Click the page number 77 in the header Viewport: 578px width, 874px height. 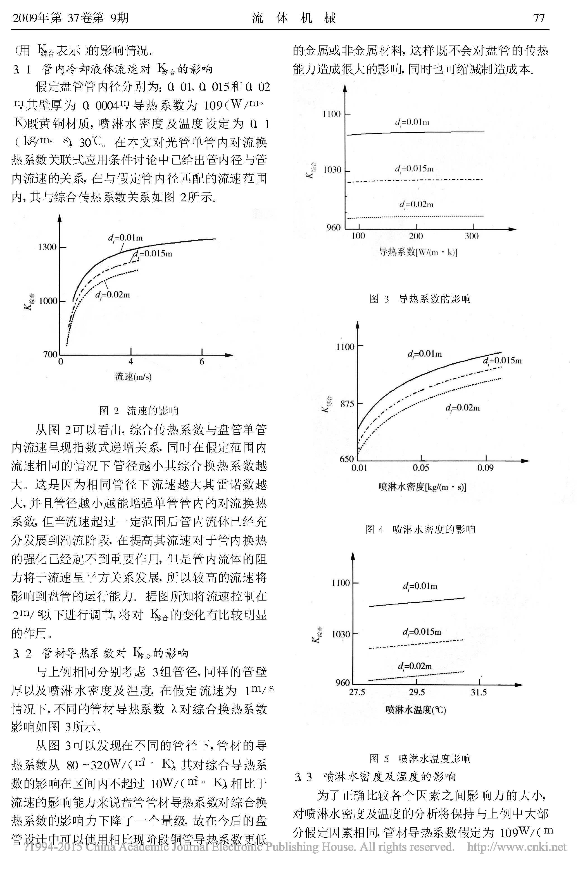point(539,18)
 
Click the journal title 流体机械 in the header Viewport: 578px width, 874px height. point(294,18)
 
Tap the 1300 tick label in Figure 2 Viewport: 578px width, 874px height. point(47,247)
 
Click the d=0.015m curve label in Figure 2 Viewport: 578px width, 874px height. point(153,254)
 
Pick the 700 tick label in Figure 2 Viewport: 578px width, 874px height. point(51,354)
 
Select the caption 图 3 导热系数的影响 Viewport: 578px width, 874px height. point(420,299)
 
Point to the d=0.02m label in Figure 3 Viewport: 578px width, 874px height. point(416,204)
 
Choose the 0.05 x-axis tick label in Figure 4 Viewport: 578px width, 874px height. point(421,468)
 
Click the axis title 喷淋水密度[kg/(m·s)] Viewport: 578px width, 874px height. point(422,487)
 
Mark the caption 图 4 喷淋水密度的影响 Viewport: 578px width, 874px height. point(420,530)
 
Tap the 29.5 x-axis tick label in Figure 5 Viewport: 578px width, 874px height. point(417,692)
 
